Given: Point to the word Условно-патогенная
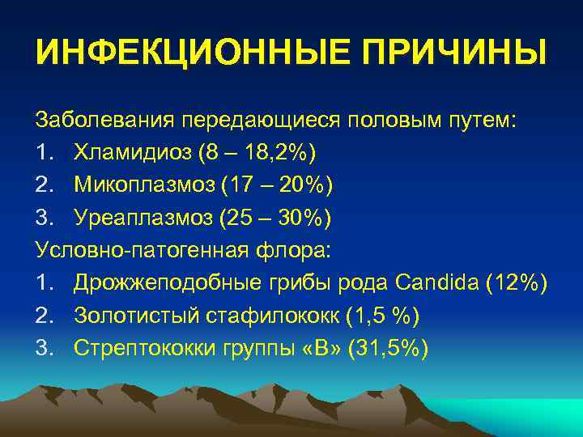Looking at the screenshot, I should [x=138, y=250].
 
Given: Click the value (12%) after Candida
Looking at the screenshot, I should [x=520, y=283].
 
